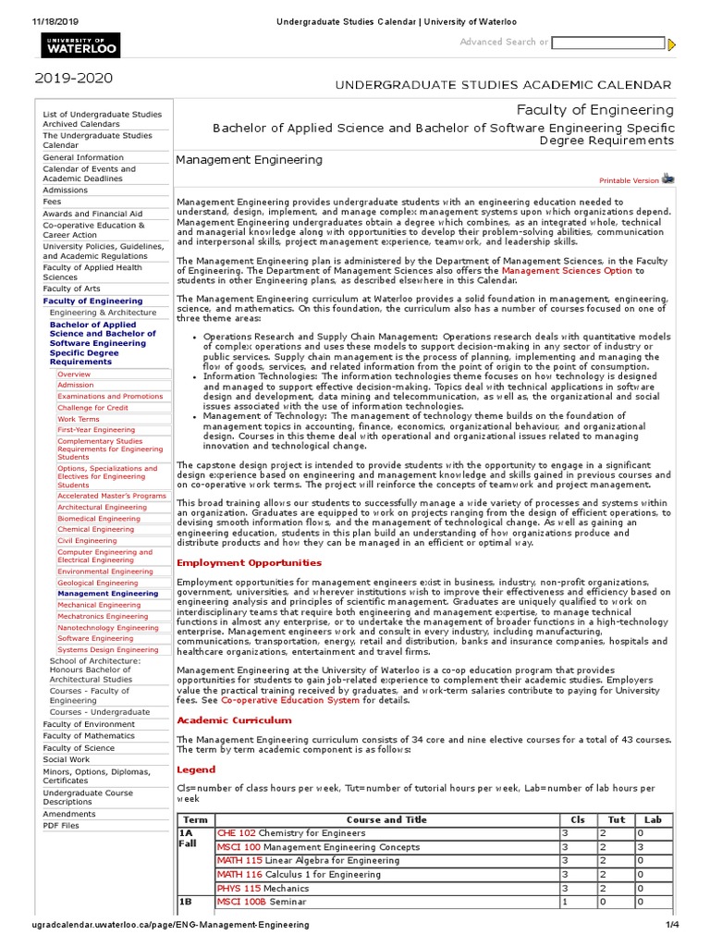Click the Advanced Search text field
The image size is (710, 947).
pyautogui.click(x=607, y=43)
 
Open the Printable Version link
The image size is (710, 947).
pyautogui.click(x=630, y=180)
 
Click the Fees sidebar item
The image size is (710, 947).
pyautogui.click(x=52, y=202)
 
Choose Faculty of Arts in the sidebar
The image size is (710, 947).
pyautogui.click(x=71, y=289)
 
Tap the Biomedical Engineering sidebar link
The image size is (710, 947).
pyautogui.click(x=100, y=518)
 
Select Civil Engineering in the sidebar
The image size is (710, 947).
pyautogui.click(x=87, y=541)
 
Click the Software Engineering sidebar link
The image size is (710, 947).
pyautogui.click(x=95, y=638)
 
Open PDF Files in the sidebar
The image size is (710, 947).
pyautogui.click(x=61, y=825)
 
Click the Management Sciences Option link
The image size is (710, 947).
pyautogui.click(x=567, y=271)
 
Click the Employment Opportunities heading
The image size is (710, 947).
pyautogui.click(x=249, y=562)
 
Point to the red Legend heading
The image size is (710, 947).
pyautogui.click(x=195, y=769)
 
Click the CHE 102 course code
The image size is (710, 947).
pyautogui.click(x=236, y=833)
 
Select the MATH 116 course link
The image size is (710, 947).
pyautogui.click(x=239, y=874)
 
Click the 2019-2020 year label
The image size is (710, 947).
pyautogui.click(x=74, y=80)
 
